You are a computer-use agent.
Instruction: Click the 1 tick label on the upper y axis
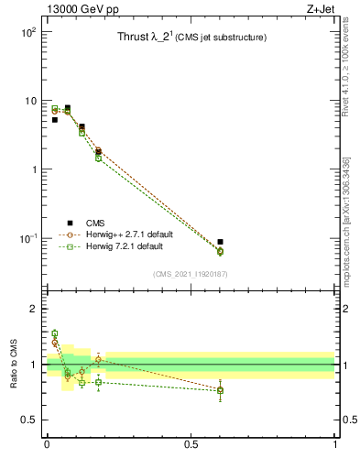pos(34,169)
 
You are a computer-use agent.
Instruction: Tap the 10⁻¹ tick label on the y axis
pos(29,238)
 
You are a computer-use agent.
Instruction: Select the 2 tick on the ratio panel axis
pos(34,310)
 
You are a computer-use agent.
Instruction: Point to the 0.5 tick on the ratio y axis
pos(28,420)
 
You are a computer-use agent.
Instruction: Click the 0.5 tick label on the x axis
pos(191,446)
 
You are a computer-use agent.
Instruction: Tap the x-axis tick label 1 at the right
pos(335,446)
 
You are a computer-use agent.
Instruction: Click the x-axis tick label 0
pos(47,446)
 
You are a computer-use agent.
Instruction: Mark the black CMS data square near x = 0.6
pos(220,242)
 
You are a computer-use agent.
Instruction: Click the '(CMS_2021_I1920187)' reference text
pos(191,274)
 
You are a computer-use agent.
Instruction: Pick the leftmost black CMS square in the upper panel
pos(54,120)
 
